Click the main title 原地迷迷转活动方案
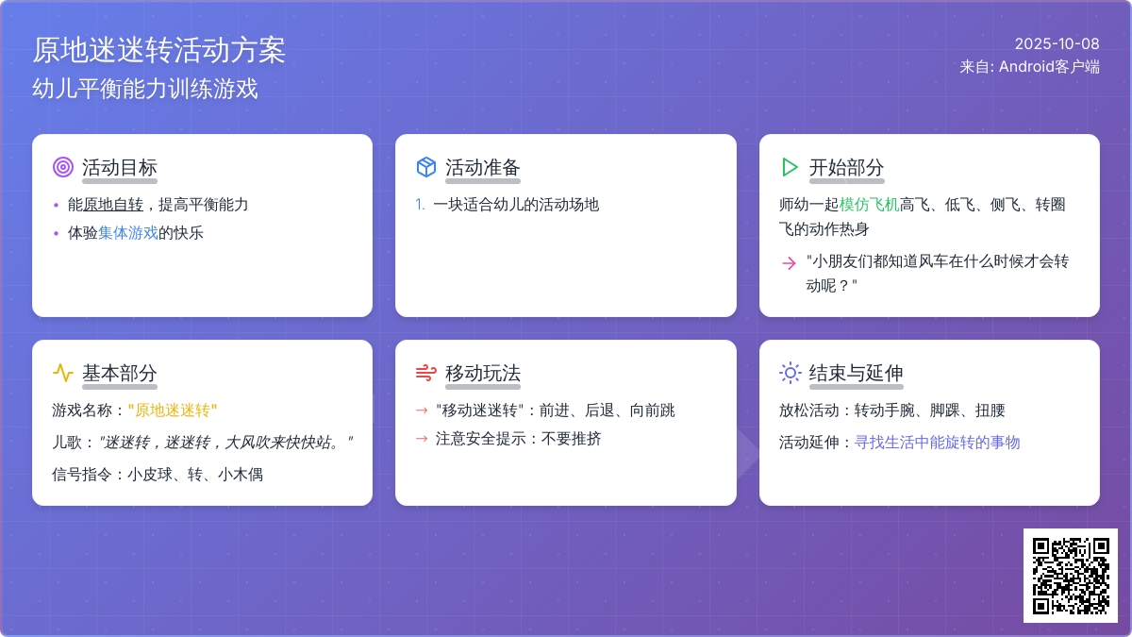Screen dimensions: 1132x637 point(159,51)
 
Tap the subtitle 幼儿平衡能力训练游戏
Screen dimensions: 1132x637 point(145,89)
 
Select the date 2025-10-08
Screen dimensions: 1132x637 point(1057,44)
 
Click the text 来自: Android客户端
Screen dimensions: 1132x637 point(1029,67)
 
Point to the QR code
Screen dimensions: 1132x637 point(1071,576)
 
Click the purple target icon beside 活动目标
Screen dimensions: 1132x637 point(63,167)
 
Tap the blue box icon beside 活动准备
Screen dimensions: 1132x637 point(426,167)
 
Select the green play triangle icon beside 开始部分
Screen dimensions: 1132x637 point(790,167)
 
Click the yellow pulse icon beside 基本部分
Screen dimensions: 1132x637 point(63,373)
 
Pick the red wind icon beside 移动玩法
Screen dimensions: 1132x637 point(426,373)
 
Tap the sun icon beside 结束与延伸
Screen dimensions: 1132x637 point(790,373)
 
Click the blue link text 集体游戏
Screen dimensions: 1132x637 point(128,233)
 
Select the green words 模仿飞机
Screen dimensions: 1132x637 point(869,205)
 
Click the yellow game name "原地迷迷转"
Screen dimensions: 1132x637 point(173,410)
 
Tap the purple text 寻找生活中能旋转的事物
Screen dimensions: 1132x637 point(937,443)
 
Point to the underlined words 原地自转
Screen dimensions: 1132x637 point(112,205)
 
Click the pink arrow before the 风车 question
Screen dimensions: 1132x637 point(789,263)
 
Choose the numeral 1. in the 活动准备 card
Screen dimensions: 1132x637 point(420,205)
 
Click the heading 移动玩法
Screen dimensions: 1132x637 point(483,373)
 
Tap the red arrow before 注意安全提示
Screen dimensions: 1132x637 point(422,438)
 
